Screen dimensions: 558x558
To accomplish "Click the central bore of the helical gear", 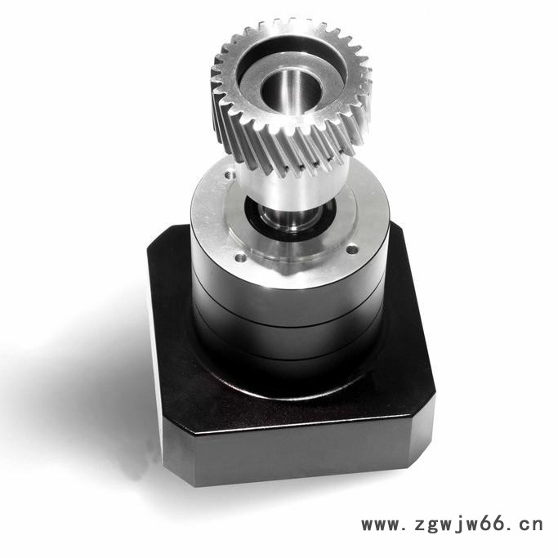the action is (292, 91).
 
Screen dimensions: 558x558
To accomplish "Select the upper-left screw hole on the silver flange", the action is (229, 175).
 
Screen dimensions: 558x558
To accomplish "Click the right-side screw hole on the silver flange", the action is (351, 250).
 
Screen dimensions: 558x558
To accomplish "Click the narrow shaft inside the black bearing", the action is (289, 217).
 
